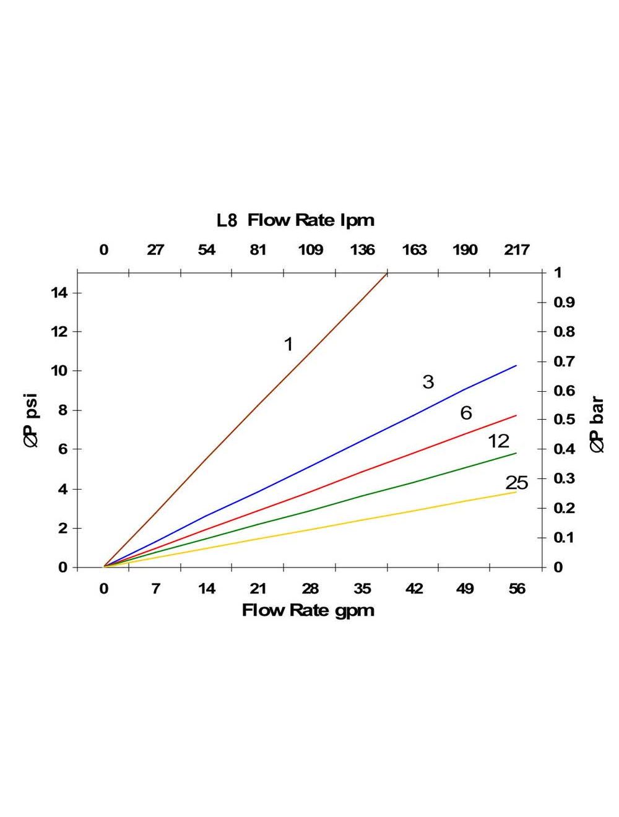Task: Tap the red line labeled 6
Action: tap(309, 491)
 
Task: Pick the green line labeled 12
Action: tap(309, 511)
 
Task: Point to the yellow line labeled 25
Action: tap(309, 529)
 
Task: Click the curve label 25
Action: tap(516, 483)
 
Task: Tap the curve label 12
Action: tap(498, 441)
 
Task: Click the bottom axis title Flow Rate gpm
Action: tap(308, 610)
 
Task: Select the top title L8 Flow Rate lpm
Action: tap(295, 220)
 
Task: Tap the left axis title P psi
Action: tap(31, 420)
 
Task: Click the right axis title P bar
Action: tap(597, 425)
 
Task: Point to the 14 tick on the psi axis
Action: tap(59, 292)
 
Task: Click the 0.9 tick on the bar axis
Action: tap(564, 302)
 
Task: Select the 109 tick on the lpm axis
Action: tap(310, 249)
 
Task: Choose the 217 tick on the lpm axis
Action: tap(516, 249)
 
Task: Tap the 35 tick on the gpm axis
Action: tap(362, 588)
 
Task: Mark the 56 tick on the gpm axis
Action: tap(516, 588)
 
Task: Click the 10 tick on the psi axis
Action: tap(59, 371)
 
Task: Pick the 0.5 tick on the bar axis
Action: tap(564, 420)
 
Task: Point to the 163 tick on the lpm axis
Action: tap(414, 249)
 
